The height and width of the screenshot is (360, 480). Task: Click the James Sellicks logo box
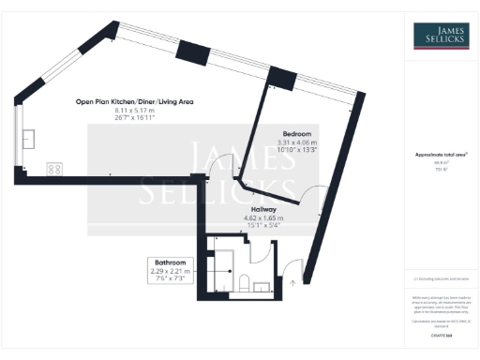coord(442,36)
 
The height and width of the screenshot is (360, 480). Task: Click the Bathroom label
coord(170,262)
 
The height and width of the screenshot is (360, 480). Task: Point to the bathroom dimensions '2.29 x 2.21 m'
coord(170,271)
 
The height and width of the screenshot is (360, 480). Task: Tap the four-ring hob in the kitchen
coord(54,170)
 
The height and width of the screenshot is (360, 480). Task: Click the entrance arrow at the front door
coord(292,279)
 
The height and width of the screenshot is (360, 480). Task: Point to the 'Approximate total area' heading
coord(441,154)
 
